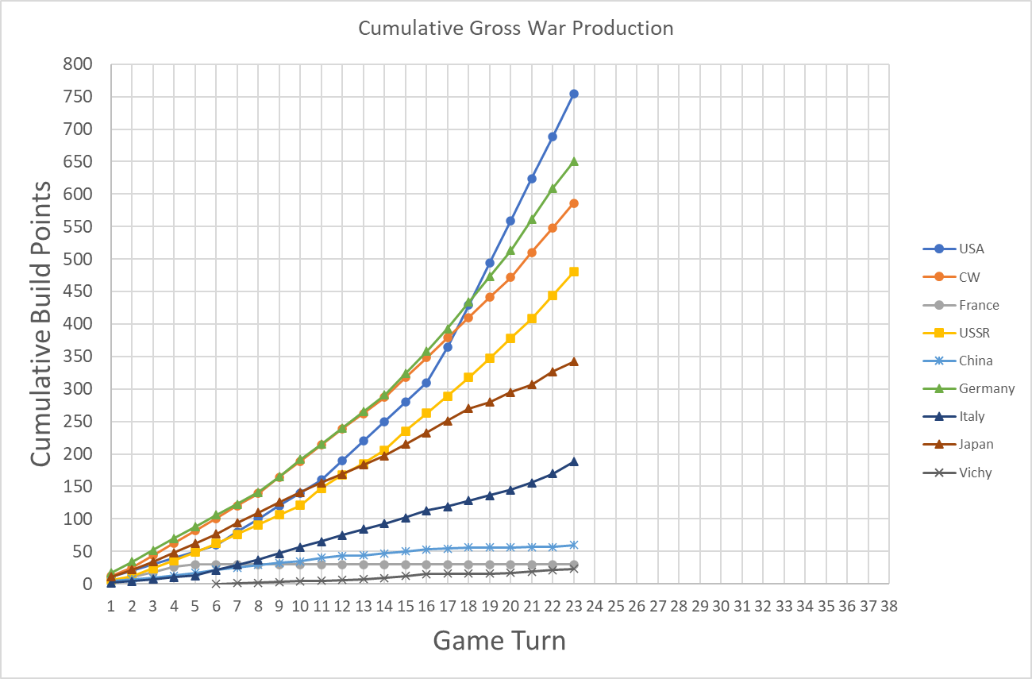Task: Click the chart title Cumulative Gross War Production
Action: (515, 29)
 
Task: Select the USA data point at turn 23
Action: (574, 94)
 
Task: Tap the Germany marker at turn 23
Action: (574, 161)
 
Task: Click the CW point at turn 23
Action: (574, 203)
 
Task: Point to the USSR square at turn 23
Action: (574, 272)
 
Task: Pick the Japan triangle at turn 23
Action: (574, 361)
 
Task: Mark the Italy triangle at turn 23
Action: (574, 461)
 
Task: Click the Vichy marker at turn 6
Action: (216, 583)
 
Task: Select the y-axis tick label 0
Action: (88, 584)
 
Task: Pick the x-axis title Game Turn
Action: (499, 640)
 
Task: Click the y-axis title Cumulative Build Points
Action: (42, 323)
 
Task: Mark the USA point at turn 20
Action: (510, 221)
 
